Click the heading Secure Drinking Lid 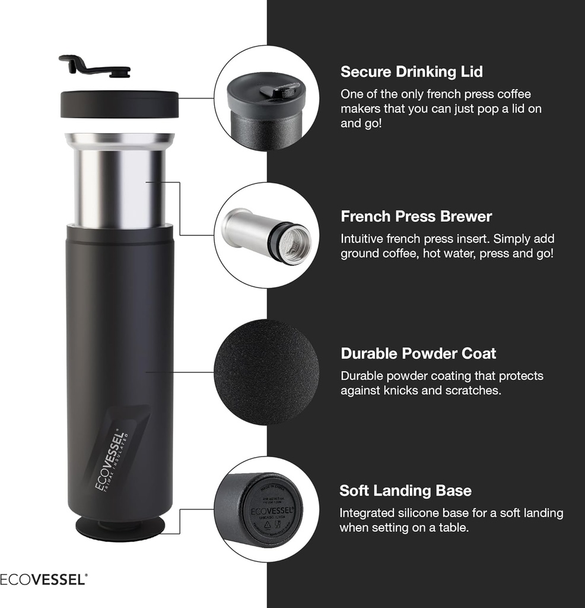point(411,72)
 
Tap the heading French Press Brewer point(416,216)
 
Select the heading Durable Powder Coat point(418,353)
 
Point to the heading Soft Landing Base point(405,490)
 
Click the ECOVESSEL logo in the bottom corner point(43,579)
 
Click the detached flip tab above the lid point(95,66)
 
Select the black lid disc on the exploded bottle point(119,104)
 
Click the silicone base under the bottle point(120,528)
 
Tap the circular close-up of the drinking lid point(266,98)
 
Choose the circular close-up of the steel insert point(266,235)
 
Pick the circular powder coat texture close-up point(266,372)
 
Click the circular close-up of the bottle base point(266,509)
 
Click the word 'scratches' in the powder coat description point(475,391)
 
